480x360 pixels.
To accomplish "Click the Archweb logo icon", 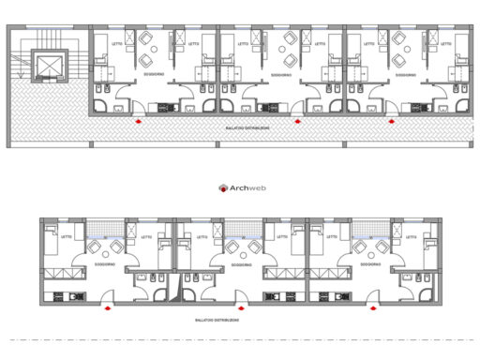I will (224, 187).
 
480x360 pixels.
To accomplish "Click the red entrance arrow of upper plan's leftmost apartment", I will (138, 121).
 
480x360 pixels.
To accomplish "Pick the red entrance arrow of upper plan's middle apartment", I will (297, 121).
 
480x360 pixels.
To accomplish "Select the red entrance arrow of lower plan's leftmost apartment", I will (111, 306).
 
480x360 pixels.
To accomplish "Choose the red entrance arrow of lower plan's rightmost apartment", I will (373, 306).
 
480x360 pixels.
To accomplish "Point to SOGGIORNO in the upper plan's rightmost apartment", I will (405, 75).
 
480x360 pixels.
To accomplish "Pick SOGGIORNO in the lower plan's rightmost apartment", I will (369, 265).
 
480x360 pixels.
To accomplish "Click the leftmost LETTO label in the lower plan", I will (67, 237).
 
